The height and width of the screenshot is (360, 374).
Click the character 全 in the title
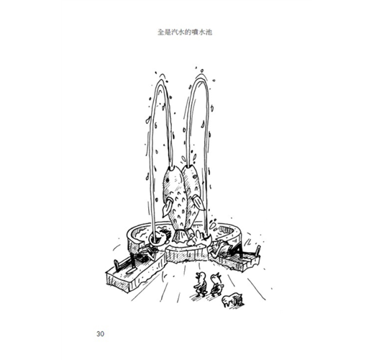(160, 32)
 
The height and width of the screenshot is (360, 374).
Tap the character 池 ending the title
(209, 32)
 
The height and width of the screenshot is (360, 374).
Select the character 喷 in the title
(196, 32)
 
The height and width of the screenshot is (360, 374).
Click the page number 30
(100, 334)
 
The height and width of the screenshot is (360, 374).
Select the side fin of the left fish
(167, 207)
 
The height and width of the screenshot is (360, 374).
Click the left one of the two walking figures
(201, 284)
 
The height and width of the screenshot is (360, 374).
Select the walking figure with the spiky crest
(216, 284)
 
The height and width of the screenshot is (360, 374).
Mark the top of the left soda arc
(161, 81)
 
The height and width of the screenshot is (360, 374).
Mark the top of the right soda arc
(201, 78)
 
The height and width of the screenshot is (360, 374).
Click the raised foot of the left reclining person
(117, 266)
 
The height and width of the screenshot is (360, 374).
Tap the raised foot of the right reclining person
(257, 251)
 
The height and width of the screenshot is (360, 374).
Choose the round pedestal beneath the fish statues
(186, 253)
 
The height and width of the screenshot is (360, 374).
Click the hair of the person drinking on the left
(165, 233)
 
